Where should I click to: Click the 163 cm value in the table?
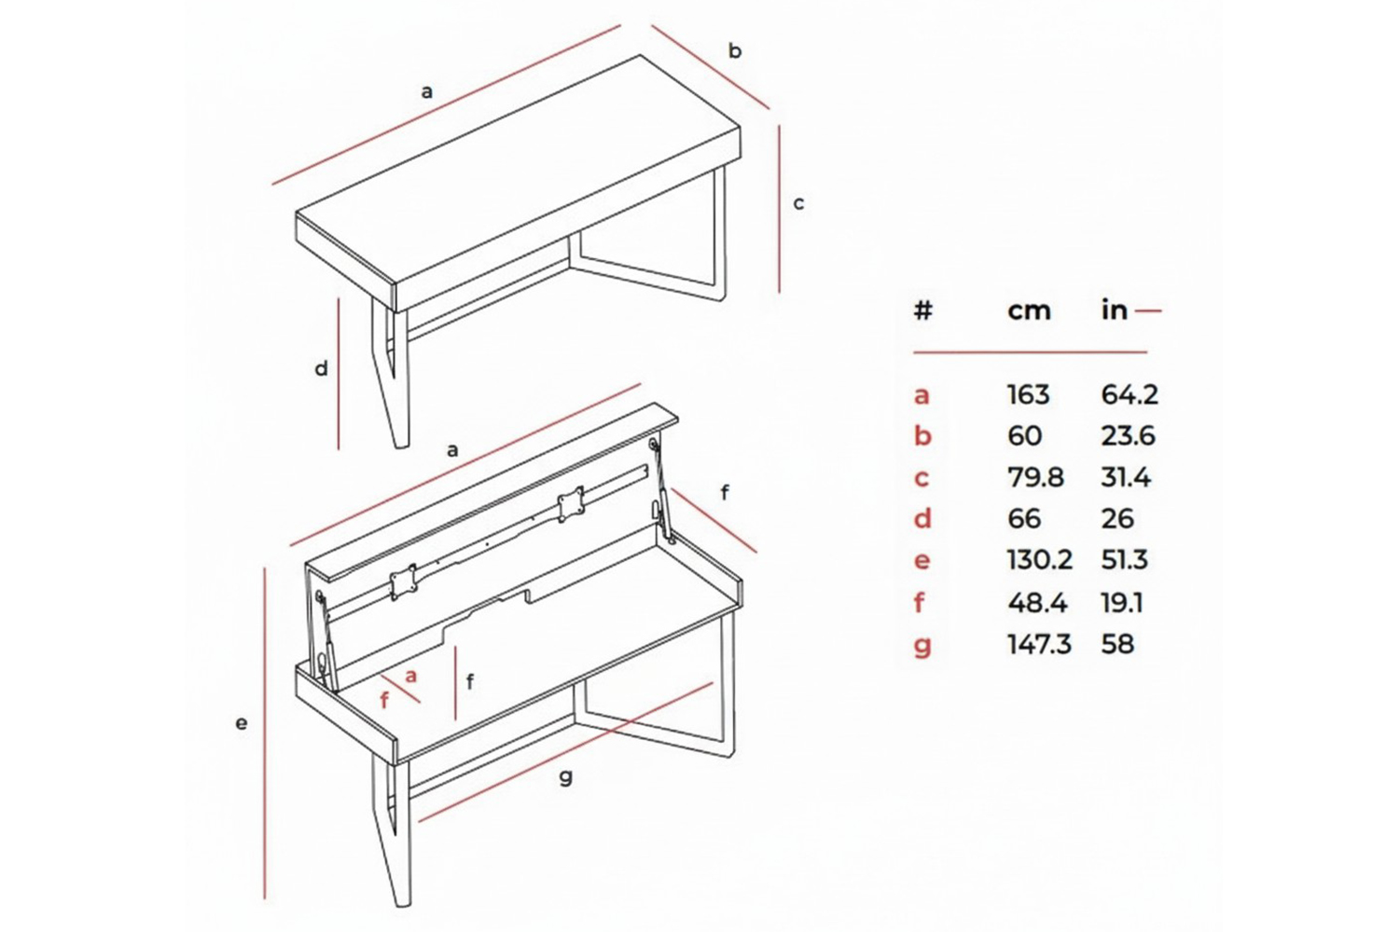(1028, 395)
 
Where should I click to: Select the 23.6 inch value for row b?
(1128, 436)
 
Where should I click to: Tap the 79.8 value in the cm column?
(1035, 477)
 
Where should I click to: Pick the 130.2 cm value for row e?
(1039, 560)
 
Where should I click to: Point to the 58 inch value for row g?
(1117, 644)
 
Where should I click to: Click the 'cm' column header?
(1029, 310)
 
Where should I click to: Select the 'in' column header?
(1114, 310)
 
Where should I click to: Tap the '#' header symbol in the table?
(922, 310)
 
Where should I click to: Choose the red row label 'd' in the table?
(922, 518)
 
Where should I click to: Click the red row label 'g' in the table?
(922, 646)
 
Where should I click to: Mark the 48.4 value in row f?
(1037, 603)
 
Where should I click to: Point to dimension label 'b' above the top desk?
(735, 51)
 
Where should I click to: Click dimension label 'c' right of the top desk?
(798, 203)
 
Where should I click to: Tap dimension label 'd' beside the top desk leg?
(321, 369)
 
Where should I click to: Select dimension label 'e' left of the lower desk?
(242, 722)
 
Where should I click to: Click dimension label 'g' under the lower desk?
(566, 777)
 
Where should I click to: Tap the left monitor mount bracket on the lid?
(404, 582)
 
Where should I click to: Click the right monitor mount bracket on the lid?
(570, 505)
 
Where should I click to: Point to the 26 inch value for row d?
(1117, 518)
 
